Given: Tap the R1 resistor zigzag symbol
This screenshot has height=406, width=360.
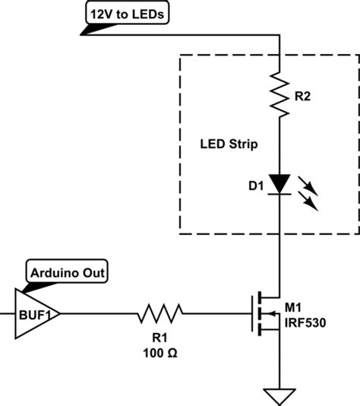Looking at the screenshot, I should (160, 312).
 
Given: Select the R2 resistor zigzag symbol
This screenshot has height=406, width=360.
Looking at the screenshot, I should (281, 95).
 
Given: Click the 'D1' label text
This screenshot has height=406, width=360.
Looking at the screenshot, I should (252, 185).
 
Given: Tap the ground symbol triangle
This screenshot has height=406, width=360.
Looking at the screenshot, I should (281, 395).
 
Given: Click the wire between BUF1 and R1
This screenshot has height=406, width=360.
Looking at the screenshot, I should (99, 312).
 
